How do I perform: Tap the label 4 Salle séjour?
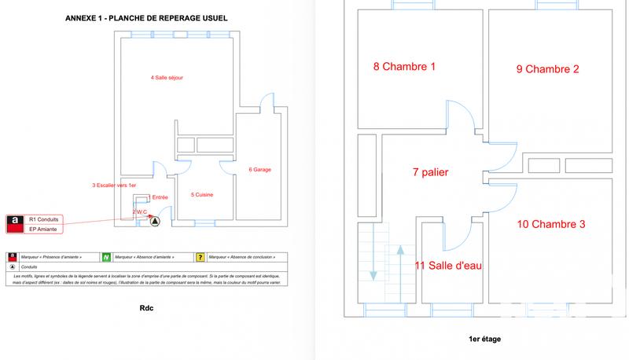pos(167,78)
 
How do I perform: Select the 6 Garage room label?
pos(261,169)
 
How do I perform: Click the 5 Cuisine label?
pos(202,194)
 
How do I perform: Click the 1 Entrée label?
pos(158,197)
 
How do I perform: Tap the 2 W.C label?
pos(140,211)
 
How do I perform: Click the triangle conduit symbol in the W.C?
pos(155,221)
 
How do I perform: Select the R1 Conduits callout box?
pos(43,219)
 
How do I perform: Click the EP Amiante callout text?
pos(43,229)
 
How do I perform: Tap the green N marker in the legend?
pos(105,257)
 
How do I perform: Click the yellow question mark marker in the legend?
pos(200,257)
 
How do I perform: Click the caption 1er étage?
pos(484,340)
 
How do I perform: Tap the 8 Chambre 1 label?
pos(404,68)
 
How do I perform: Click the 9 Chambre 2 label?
pos(547,69)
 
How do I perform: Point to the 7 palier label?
pos(430,172)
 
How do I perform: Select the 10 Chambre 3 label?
pos(550,224)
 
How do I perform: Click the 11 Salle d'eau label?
pos(447,266)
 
